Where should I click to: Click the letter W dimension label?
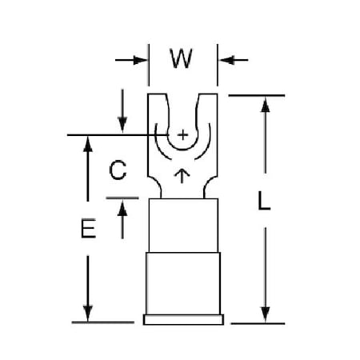pyautogui.click(x=181, y=58)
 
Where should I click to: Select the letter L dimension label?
pyautogui.click(x=264, y=201)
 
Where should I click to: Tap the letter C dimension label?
pyautogui.click(x=118, y=170)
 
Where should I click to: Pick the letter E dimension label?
pyautogui.click(x=88, y=228)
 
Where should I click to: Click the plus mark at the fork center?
pyautogui.click(x=182, y=135)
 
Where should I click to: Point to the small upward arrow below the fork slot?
pyautogui.click(x=182, y=176)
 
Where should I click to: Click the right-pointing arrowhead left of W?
pyautogui.click(x=140, y=60)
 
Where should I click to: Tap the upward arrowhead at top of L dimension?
pyautogui.click(x=266, y=105)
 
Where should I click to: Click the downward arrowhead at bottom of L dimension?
pyautogui.click(x=266, y=314)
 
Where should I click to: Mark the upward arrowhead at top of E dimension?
pyautogui.click(x=88, y=144)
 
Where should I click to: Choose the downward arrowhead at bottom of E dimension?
pyautogui.click(x=88, y=314)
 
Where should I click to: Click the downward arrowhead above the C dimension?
pyautogui.click(x=122, y=125)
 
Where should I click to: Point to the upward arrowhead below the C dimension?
pyautogui.click(x=122, y=208)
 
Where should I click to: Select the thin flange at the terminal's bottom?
pyautogui.click(x=183, y=319)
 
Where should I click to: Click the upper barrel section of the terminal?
pyautogui.click(x=183, y=226)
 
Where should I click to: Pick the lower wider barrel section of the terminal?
pyautogui.click(x=183, y=283)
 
